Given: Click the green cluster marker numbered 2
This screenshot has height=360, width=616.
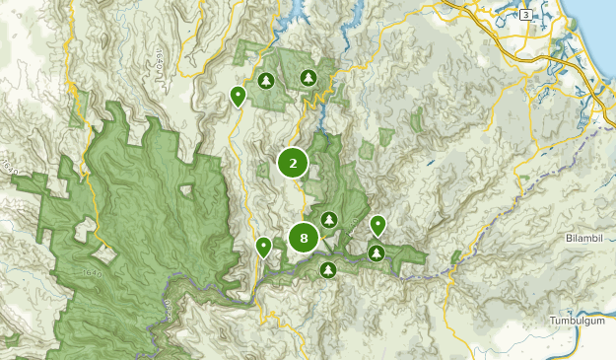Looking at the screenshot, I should click(293, 164).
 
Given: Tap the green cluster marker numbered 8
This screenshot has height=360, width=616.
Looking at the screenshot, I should click(304, 238).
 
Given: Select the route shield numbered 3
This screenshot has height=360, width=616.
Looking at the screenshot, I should click(525, 15).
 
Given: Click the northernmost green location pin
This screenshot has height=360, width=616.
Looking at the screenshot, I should click(238, 96).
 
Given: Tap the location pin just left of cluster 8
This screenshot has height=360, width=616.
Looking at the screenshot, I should click(263, 247).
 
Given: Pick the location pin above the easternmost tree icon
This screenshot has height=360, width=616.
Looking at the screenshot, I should click(377, 226).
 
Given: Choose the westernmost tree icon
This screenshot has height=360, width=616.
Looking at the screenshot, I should click(265, 80).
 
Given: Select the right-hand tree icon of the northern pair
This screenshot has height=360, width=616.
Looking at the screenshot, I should click(308, 77).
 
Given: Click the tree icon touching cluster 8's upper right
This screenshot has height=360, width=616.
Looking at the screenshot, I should click(329, 219).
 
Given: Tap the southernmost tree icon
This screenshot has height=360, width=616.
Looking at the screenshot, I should click(328, 269).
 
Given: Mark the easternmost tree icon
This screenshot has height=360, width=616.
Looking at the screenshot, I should click(376, 253).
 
